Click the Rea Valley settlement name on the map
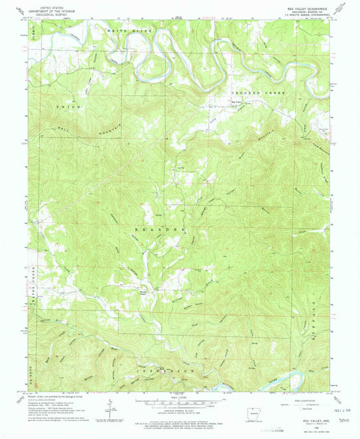point(238,102)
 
